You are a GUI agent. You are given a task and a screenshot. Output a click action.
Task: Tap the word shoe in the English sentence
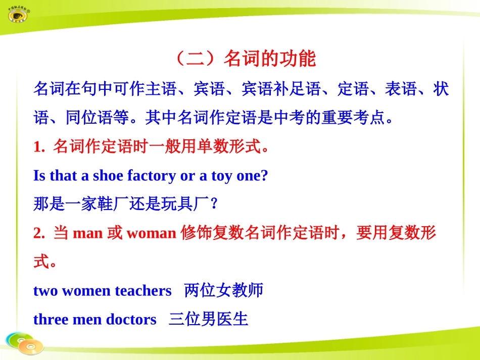(x=108, y=176)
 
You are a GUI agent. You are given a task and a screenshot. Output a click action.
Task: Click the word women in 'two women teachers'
(x=86, y=291)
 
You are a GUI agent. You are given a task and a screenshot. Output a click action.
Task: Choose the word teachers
(x=143, y=291)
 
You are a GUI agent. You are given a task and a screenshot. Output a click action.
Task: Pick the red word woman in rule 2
(x=151, y=233)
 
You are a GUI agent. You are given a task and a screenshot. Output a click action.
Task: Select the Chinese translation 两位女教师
(x=224, y=290)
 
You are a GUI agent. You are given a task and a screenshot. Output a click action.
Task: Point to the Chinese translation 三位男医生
(x=209, y=319)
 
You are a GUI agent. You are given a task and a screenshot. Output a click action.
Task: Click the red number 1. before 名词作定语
(x=39, y=147)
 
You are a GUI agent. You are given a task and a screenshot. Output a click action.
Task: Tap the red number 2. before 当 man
(x=39, y=233)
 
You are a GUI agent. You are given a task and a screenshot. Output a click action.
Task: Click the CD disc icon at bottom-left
(x=24, y=343)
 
